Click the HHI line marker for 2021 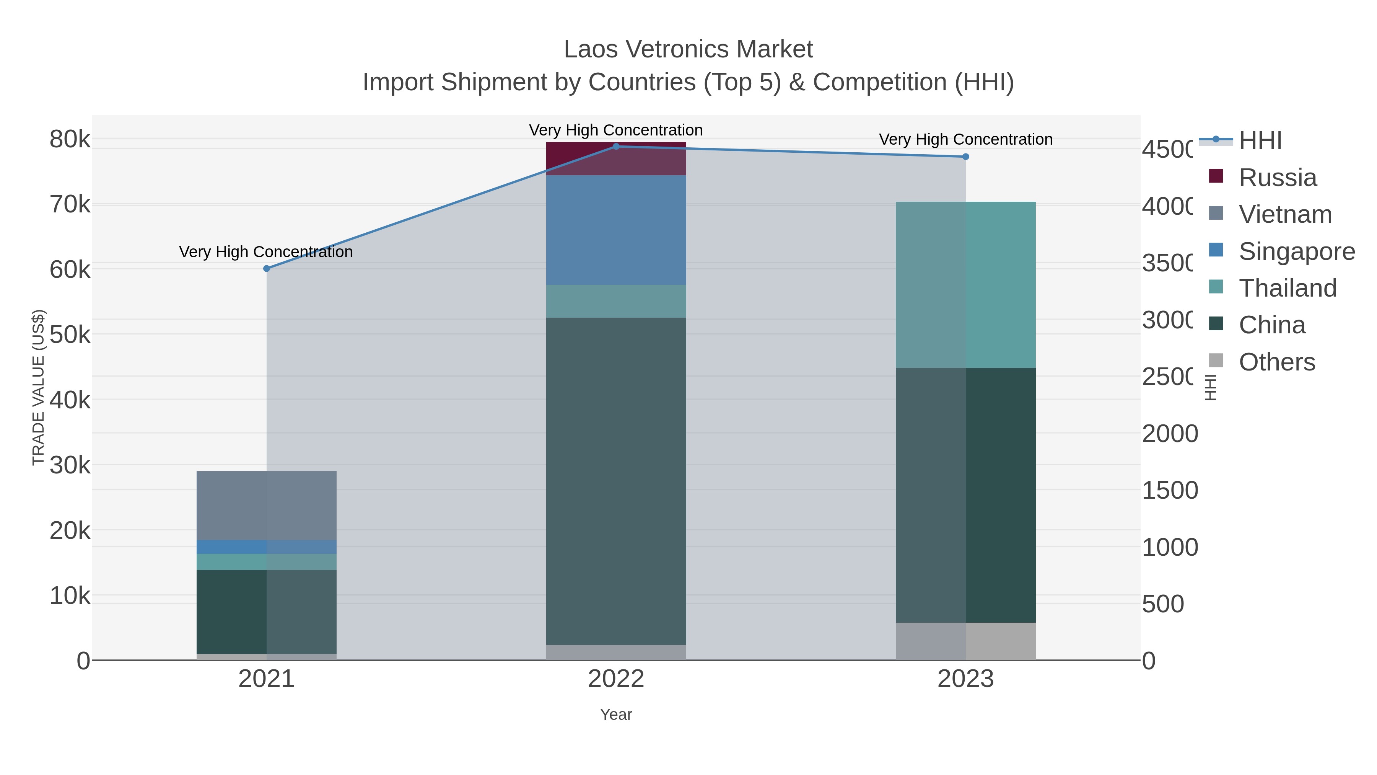(x=267, y=269)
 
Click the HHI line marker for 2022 (x=616, y=147)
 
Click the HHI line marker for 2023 (x=965, y=157)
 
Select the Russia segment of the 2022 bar (x=616, y=159)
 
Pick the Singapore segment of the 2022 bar (x=616, y=230)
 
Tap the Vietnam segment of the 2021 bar (x=267, y=506)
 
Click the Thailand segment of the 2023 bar (x=965, y=284)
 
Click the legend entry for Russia (x=1277, y=178)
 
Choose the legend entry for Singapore (x=1296, y=251)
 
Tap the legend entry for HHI (x=1260, y=141)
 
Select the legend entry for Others (x=1276, y=362)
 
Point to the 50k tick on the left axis (x=70, y=335)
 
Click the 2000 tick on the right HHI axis (x=1170, y=434)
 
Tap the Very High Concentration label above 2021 (x=266, y=252)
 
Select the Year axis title (x=616, y=715)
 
